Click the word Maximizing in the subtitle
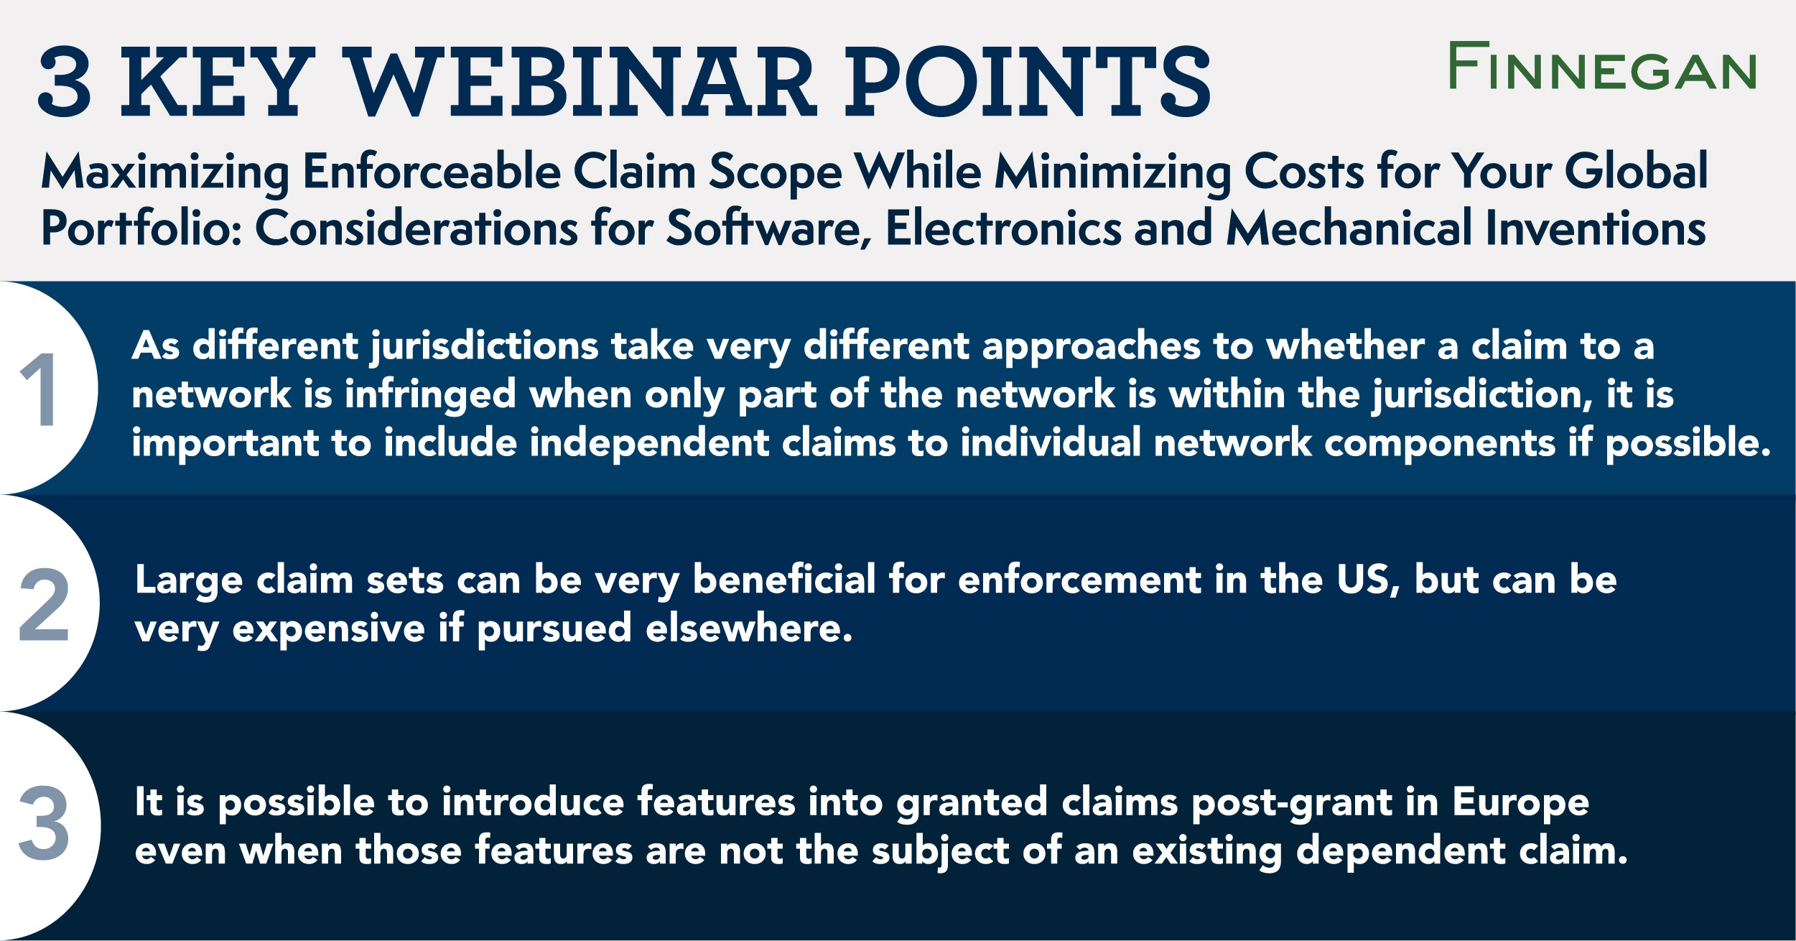[x=165, y=172]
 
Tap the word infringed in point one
[x=430, y=395]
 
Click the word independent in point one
[x=649, y=443]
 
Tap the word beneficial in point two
[x=784, y=580]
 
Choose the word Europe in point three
[x=1520, y=802]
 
